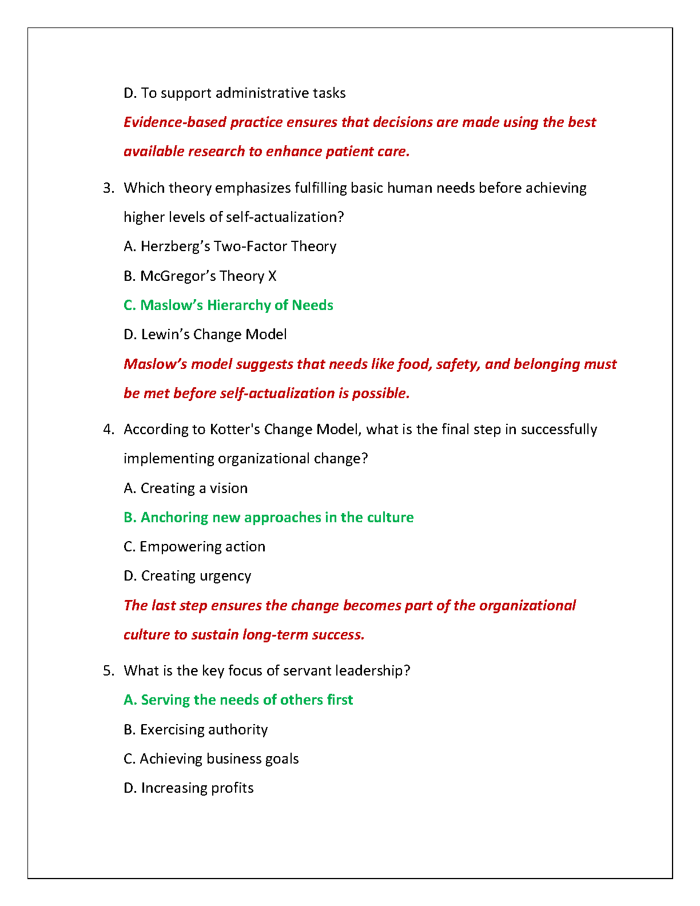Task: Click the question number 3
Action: (x=108, y=188)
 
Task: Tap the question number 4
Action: (x=108, y=430)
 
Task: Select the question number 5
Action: (x=108, y=671)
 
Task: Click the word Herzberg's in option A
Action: (x=174, y=247)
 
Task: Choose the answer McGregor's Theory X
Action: (x=200, y=276)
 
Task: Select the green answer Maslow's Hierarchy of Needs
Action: (x=228, y=305)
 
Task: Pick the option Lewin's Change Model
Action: (x=205, y=335)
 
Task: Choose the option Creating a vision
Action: (x=186, y=488)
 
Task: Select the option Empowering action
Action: (x=194, y=547)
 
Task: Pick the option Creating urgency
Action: (x=188, y=576)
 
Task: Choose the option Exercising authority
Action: (x=196, y=730)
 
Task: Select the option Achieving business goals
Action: (x=211, y=759)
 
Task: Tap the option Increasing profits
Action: (x=189, y=788)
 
